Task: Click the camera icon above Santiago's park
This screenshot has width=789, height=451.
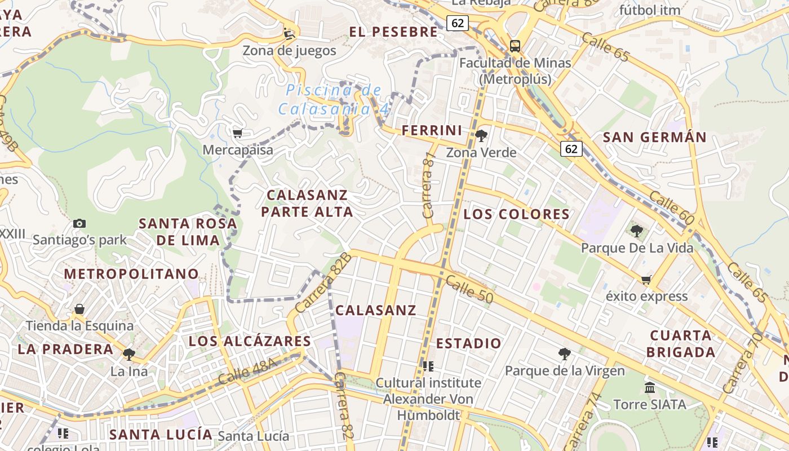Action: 79,223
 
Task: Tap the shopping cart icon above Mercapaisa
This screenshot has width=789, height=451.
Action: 237,133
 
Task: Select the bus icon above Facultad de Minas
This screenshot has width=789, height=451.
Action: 515,46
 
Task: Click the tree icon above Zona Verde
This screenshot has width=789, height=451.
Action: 481,135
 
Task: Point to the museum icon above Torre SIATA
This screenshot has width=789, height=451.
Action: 649,387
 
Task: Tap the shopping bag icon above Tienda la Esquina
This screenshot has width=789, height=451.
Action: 79,309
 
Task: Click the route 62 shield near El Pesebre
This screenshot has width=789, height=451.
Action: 458,23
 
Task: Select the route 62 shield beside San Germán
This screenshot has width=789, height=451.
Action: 571,148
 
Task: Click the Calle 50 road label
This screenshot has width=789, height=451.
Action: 469,289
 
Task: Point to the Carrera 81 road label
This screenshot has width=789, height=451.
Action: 429,185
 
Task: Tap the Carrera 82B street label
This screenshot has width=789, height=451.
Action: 323,283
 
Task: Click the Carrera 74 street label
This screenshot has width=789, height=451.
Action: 583,421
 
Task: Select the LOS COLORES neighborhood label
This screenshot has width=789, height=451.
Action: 516,214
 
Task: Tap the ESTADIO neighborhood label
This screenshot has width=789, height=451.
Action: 468,343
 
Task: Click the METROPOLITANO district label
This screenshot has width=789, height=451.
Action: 131,274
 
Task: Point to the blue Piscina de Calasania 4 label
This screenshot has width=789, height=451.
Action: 334,99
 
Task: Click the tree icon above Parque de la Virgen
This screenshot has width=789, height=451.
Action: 564,353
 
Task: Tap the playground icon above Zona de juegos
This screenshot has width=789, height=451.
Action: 289,34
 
